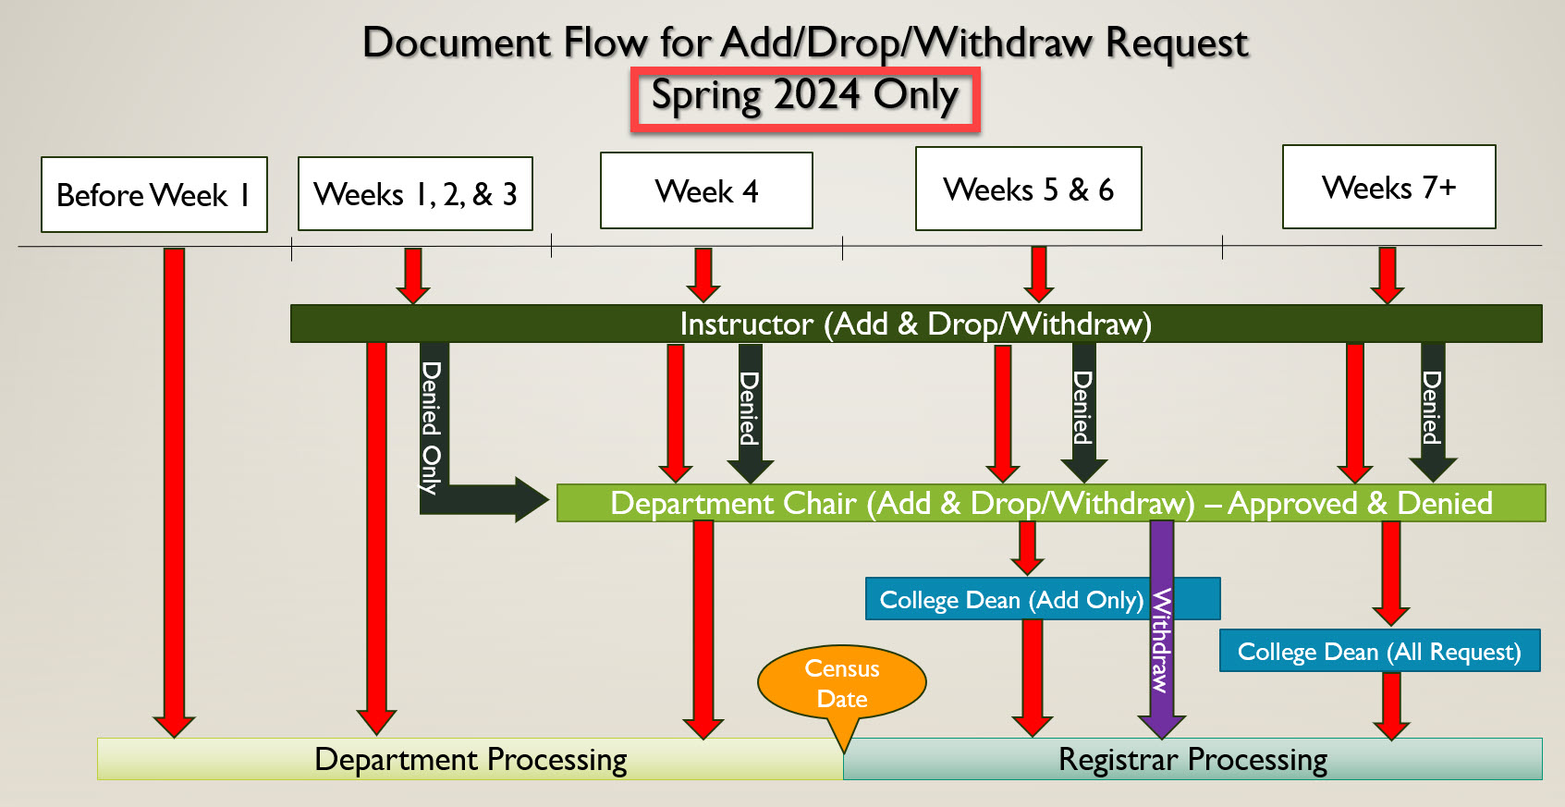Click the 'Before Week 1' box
(x=153, y=195)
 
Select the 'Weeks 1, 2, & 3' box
(x=415, y=194)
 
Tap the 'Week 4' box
(x=706, y=191)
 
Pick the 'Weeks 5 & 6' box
(x=1028, y=190)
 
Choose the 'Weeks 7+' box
(x=1388, y=188)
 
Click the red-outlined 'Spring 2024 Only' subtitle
(x=804, y=98)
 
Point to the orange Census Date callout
(x=841, y=683)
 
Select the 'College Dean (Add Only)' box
(x=1010, y=600)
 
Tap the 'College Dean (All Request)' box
(x=1378, y=652)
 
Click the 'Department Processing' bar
(x=471, y=760)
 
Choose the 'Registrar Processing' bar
(x=1192, y=760)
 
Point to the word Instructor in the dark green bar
(x=746, y=324)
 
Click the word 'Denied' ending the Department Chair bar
(x=1444, y=504)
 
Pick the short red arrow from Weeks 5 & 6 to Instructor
(x=1038, y=274)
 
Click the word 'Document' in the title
(x=456, y=43)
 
